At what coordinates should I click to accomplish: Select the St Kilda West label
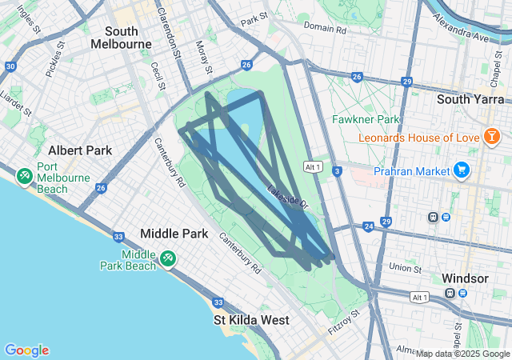point(252,319)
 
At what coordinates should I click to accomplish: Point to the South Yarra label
point(468,99)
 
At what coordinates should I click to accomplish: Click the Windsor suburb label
point(465,278)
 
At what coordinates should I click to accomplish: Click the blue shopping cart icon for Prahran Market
point(461,170)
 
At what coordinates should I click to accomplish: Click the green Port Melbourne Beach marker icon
point(23,174)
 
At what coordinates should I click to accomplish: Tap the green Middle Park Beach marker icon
point(167,258)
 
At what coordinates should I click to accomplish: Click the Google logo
point(26,350)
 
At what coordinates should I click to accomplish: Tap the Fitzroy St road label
point(345,322)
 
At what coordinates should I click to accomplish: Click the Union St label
point(405,266)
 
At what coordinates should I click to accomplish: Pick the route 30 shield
point(10,66)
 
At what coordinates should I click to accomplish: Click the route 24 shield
point(368,227)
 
